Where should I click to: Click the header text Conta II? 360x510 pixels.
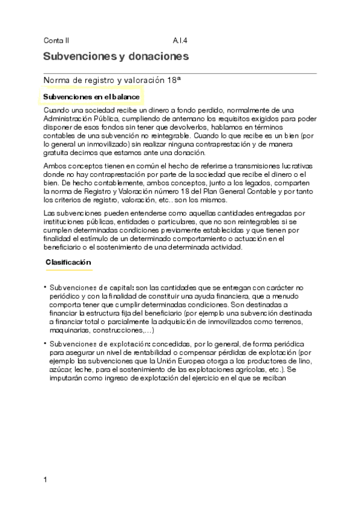(56, 41)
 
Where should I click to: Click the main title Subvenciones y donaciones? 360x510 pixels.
(116, 57)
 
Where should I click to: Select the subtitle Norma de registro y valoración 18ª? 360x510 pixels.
(112, 79)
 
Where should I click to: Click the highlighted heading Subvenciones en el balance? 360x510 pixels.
(91, 97)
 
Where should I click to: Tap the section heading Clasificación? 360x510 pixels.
(68, 262)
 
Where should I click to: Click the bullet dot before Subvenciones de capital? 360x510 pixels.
(45, 288)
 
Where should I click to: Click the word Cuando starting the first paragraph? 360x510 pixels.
(56, 110)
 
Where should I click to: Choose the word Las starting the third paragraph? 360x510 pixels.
(50, 214)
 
